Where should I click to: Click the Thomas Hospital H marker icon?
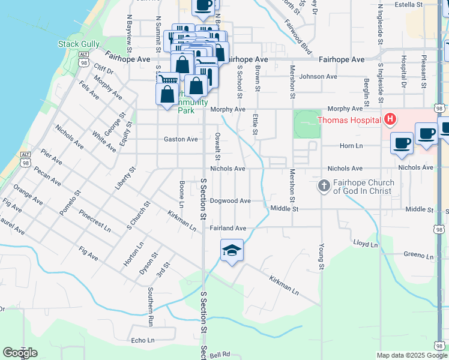coord(390,120)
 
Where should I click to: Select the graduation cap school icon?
coord(232,251)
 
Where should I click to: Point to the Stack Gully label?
coord(76,44)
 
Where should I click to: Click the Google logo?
coord(20,353)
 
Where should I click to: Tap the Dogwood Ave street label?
coord(230,201)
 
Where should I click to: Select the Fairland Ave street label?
coord(228,228)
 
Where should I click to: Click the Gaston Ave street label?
coord(181,139)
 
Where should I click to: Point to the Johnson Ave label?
coord(318,77)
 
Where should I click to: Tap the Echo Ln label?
coord(143,340)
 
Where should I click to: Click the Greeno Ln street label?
coord(418,254)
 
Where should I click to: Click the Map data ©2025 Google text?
coord(412,355)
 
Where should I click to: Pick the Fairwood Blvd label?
coord(298,29)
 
